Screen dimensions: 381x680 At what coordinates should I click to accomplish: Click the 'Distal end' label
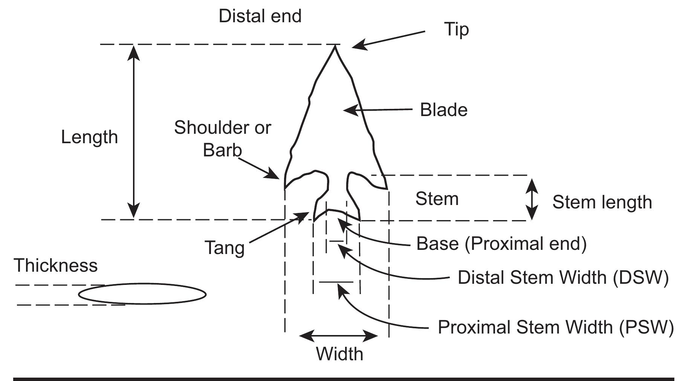tap(260, 17)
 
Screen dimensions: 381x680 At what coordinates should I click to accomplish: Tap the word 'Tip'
tap(456, 29)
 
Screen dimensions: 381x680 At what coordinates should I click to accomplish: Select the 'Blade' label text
tap(443, 110)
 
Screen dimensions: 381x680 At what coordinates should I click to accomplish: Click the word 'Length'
tap(89, 137)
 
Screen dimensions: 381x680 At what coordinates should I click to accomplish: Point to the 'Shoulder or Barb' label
tap(222, 139)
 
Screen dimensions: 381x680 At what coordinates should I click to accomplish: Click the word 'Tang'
tap(225, 248)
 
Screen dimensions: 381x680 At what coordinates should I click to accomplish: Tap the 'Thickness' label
tap(56, 265)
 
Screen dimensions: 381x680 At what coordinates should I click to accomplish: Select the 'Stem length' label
tap(602, 202)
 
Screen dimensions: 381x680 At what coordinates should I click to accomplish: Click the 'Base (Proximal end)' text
tap(501, 244)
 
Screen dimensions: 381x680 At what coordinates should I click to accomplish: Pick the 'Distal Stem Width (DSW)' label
tap(563, 278)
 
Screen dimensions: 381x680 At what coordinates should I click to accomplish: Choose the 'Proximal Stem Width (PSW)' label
tap(555, 327)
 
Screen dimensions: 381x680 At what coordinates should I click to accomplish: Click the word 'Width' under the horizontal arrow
tap(339, 354)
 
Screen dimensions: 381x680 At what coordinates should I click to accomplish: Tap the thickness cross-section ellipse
tap(142, 294)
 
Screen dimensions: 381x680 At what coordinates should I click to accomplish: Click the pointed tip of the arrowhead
tap(335, 47)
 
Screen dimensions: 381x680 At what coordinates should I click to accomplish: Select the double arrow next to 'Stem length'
tap(532, 199)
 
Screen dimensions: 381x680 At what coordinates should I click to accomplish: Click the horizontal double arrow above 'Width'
tap(338, 335)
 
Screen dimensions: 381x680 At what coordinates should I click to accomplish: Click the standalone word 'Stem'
tap(437, 199)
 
